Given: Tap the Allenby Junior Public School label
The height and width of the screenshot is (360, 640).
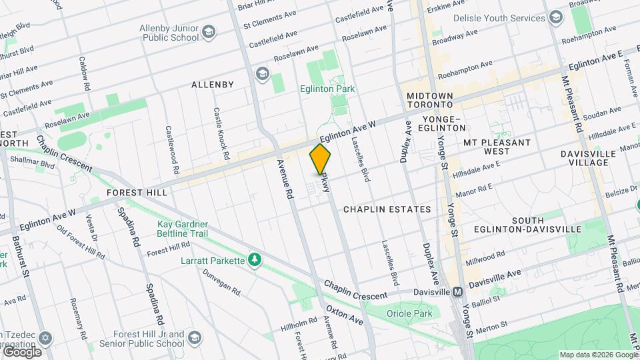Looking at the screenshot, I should click(x=169, y=32).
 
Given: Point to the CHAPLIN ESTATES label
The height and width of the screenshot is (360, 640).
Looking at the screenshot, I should click(x=387, y=209).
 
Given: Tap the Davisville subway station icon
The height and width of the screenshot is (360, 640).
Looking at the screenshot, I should click(x=457, y=292).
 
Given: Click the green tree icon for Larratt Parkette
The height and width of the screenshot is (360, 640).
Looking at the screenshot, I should click(x=253, y=259).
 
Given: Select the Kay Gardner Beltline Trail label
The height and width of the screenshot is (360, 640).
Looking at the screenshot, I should click(x=183, y=229).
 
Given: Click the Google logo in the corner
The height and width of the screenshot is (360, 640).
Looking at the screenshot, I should click(x=22, y=351).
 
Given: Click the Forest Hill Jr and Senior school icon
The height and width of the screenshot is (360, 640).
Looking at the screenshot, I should click(x=195, y=338).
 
